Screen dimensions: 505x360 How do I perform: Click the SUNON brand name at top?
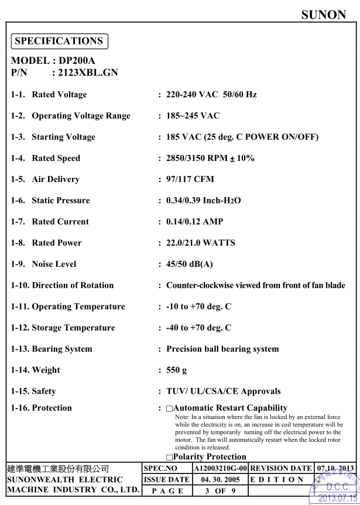coord(324,15)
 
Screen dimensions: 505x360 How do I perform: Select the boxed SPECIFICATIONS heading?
coord(59,41)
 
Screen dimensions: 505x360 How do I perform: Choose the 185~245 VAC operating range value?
coord(193,116)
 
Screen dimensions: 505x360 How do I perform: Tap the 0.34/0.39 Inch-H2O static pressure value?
coord(204,200)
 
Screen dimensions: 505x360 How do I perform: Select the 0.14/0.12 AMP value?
coord(194,222)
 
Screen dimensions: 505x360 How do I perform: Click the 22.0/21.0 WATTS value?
coord(201,243)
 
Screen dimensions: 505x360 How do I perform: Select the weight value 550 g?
coord(177,370)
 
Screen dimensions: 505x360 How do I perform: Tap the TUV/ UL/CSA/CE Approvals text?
coord(224,391)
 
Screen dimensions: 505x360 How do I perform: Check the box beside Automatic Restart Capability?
coord(170,408)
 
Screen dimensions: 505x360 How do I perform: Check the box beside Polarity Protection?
coord(170,457)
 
